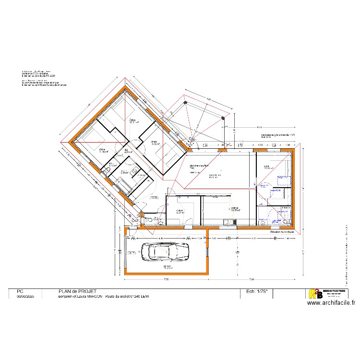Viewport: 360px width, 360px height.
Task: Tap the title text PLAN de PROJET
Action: click(77, 291)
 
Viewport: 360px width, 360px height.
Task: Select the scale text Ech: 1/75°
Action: click(259, 291)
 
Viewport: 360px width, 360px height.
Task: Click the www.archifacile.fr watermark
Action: click(331, 303)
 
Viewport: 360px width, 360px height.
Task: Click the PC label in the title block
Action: click(20, 291)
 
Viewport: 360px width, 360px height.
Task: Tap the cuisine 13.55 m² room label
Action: click(235, 209)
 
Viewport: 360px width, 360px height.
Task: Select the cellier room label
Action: click(180, 212)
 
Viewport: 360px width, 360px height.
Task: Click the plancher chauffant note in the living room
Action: click(199, 167)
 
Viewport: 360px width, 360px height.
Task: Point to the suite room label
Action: click(267, 167)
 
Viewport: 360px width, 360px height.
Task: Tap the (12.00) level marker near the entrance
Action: click(155, 198)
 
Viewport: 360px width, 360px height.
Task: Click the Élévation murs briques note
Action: click(282, 232)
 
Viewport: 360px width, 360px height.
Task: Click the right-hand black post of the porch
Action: click(223, 117)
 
